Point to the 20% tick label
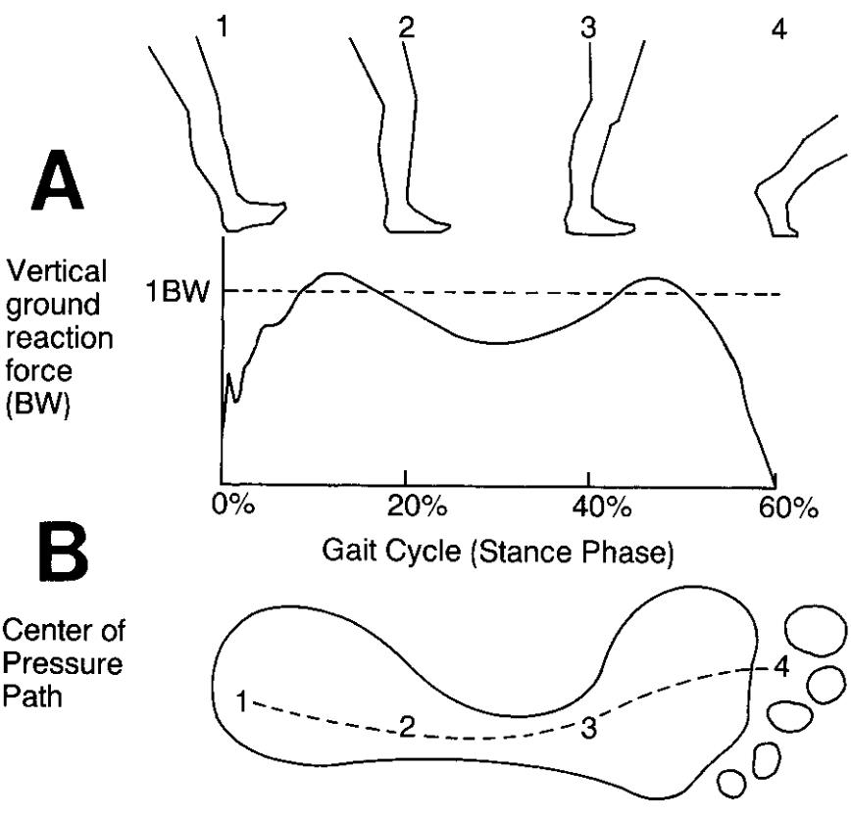[405, 507]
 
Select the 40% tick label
[587, 507]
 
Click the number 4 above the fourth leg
[778, 28]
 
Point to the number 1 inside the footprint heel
[242, 700]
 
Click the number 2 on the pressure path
[405, 726]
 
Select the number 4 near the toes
[780, 669]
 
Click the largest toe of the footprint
[814, 626]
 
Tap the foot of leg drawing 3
[600, 220]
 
